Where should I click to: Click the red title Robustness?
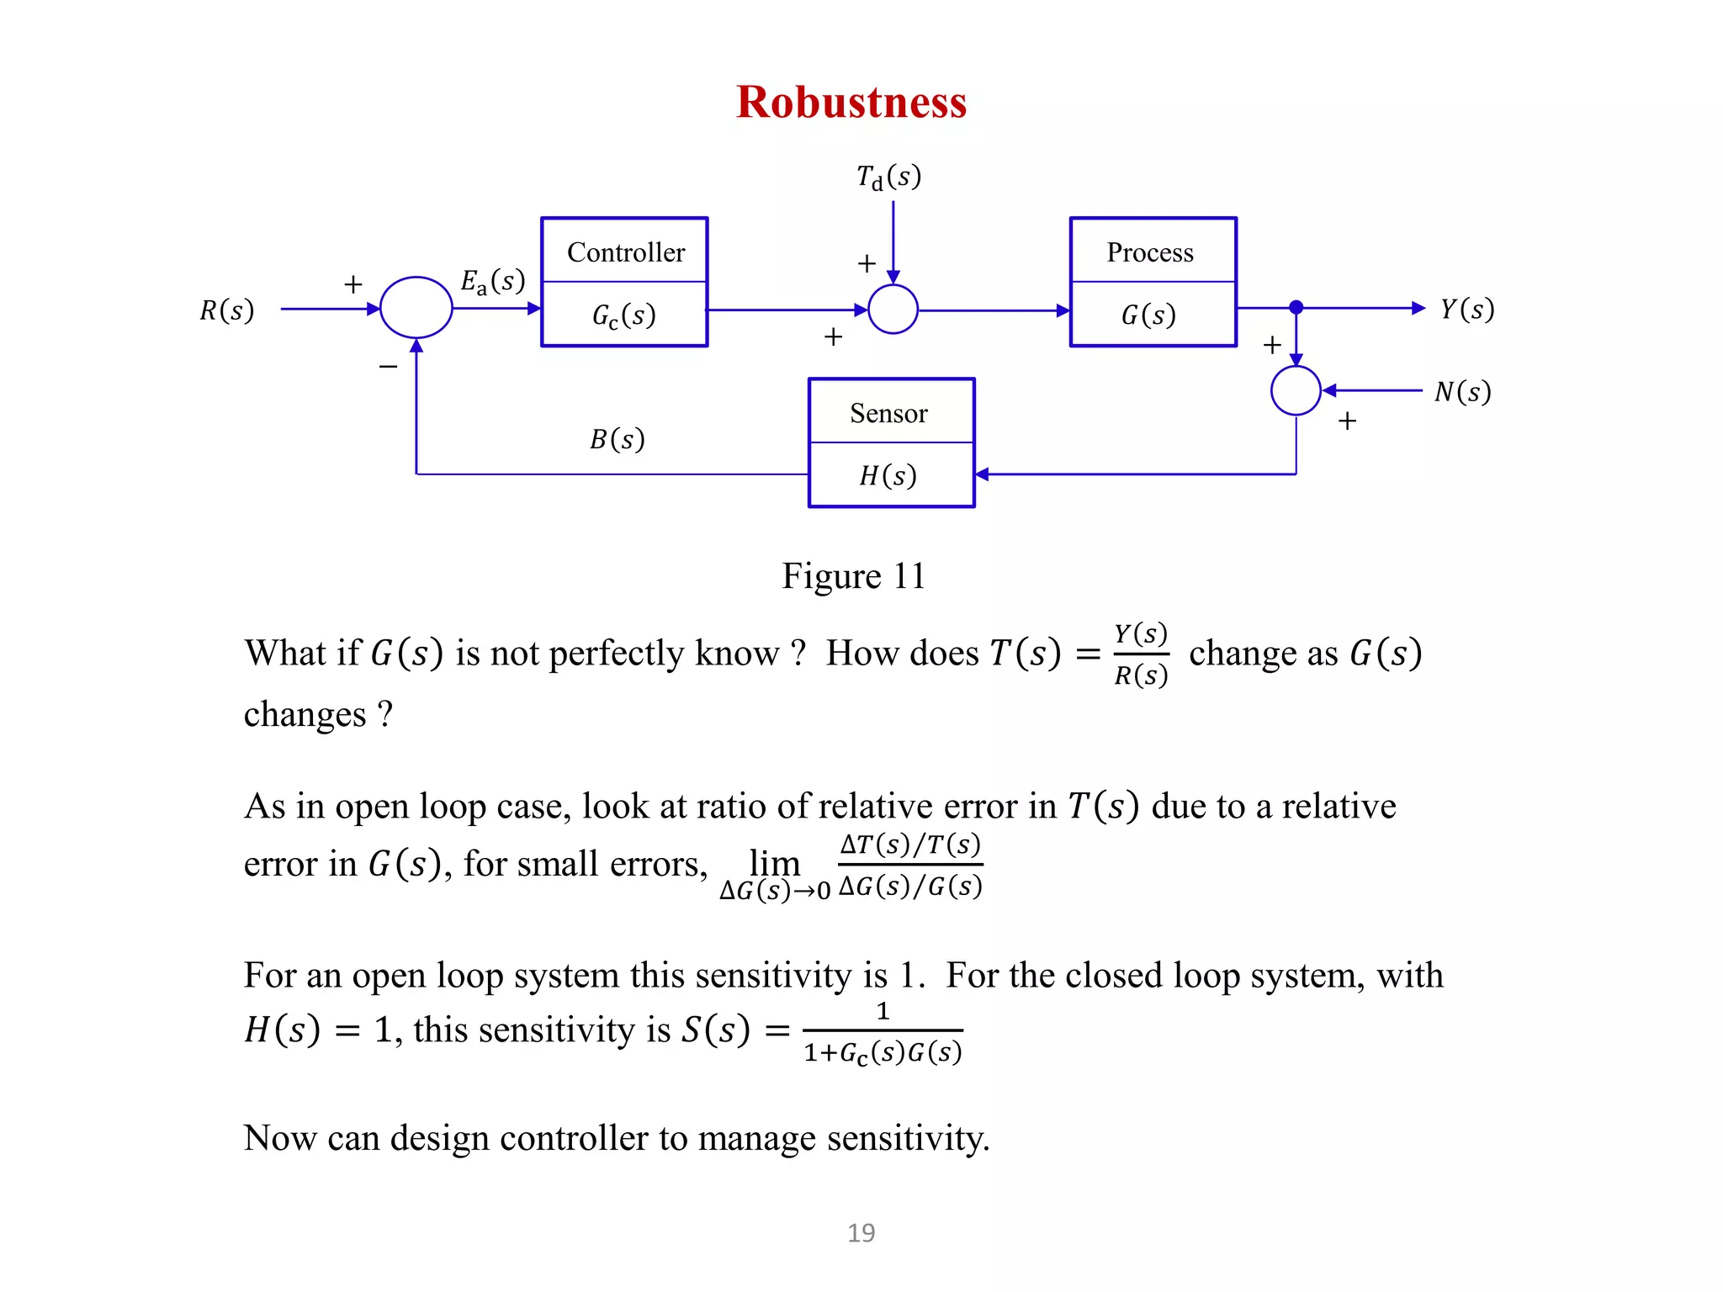(851, 103)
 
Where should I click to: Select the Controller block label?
(625, 252)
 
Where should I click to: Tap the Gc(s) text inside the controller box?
(623, 315)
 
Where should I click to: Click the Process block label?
(1149, 252)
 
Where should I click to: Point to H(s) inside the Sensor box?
(888, 476)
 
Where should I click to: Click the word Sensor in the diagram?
(888, 413)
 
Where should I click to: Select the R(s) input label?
(226, 310)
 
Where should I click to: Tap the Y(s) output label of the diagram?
(1466, 310)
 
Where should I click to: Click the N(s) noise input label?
(1462, 392)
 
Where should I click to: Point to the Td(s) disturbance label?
(888, 177)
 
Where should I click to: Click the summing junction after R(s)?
(416, 308)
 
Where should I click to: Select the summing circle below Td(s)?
(893, 309)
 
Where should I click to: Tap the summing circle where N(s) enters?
(1296, 390)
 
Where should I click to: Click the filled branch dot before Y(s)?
(1296, 308)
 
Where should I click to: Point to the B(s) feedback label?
(617, 439)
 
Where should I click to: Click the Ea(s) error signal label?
(492, 281)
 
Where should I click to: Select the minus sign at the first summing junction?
(388, 367)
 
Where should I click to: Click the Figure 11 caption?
(853, 577)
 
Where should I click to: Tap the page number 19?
(861, 1233)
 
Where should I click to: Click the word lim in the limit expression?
(774, 862)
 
